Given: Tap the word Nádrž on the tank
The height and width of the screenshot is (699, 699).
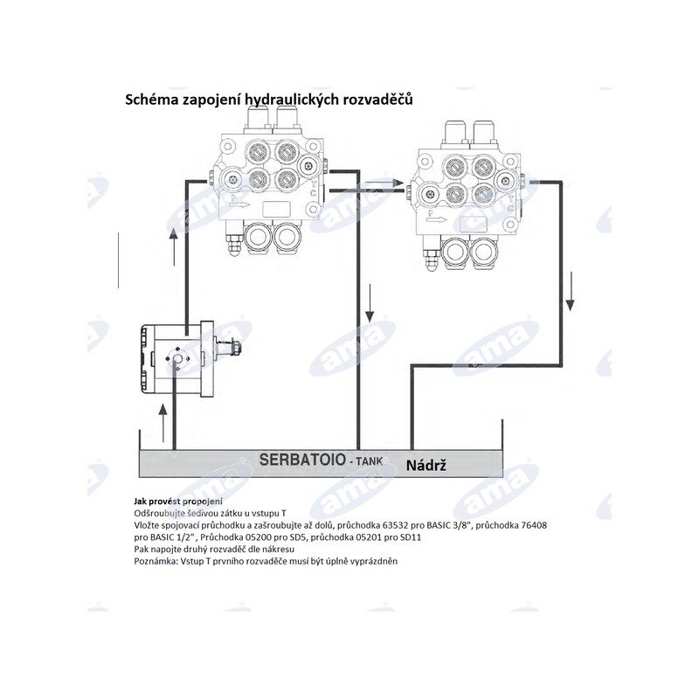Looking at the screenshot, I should (426, 465).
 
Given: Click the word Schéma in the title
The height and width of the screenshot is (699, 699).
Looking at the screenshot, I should (154, 100).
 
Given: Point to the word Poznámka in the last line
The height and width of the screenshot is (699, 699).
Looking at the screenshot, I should (154, 561).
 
